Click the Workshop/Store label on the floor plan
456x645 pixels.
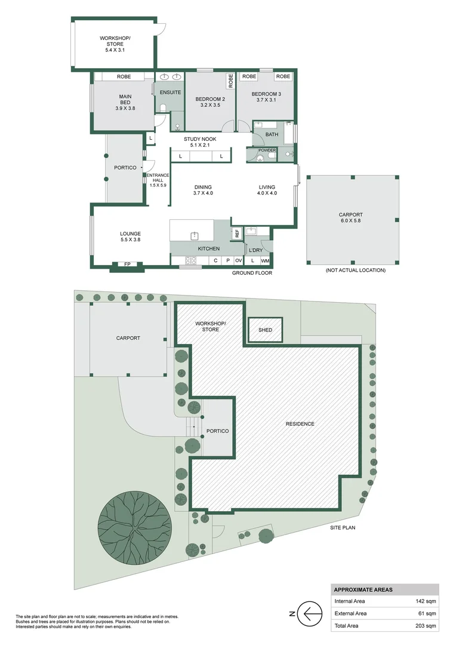pos(115,40)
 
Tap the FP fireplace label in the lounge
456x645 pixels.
pos(127,264)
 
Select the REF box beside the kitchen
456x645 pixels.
pos(237,233)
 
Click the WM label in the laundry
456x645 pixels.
pos(265,260)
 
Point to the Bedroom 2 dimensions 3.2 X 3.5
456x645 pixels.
pos(210,105)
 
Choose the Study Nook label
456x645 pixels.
pos(199,139)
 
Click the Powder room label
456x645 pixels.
pos(267,150)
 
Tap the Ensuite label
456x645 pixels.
pos(170,93)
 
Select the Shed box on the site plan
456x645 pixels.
pos(265,330)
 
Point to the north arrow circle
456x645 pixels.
pos(309,613)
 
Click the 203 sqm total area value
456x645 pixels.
pos(426,625)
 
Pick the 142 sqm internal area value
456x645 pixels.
pos(426,601)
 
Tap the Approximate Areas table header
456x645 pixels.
pos(363,589)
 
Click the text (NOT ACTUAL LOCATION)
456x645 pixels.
pos(355,271)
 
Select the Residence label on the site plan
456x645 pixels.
pos(300,424)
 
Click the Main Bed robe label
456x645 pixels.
pos(124,77)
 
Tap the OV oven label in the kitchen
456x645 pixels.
pos(238,260)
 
